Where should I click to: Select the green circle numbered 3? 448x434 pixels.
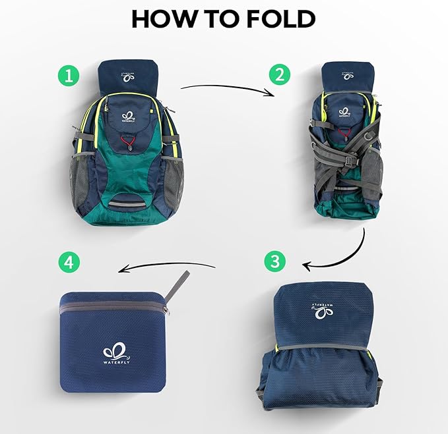click(x=276, y=261)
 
